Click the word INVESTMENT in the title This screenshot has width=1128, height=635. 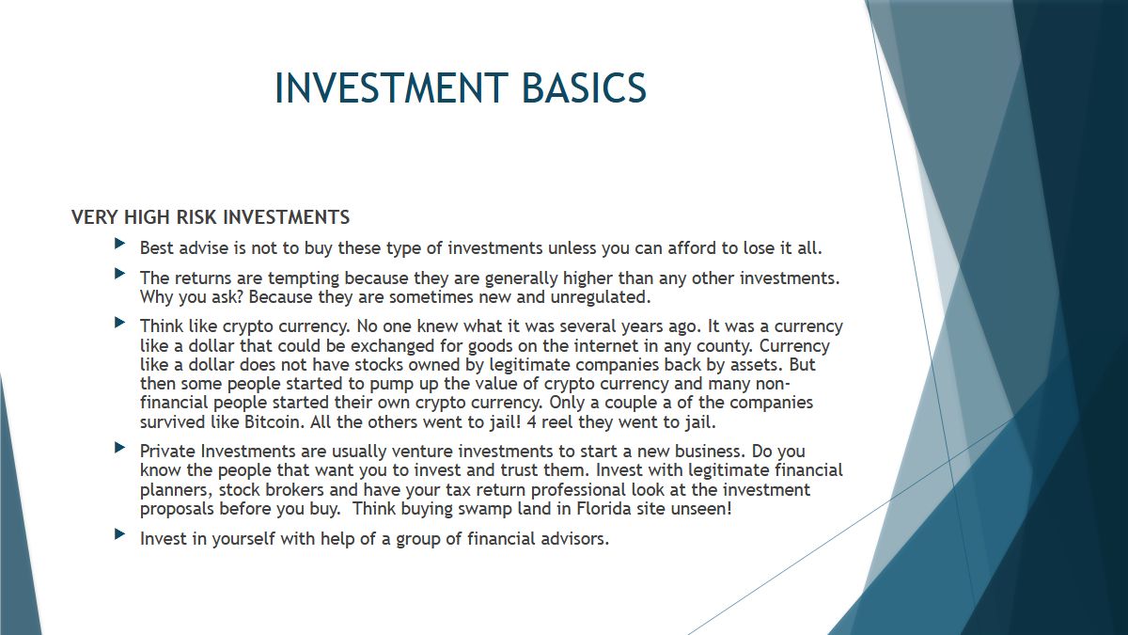(x=391, y=87)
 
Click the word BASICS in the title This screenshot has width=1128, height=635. (x=584, y=87)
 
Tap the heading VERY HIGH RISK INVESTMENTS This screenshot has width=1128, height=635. (x=211, y=217)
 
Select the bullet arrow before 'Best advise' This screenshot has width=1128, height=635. (x=120, y=244)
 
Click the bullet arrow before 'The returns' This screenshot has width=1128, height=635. (x=120, y=274)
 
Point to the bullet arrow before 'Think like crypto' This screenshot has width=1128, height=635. (x=120, y=322)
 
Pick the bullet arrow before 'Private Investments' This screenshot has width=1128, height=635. (x=120, y=447)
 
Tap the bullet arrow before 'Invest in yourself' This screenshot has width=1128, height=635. (x=120, y=534)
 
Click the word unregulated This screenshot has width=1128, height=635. (x=601, y=297)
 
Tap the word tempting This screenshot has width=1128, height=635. (x=304, y=278)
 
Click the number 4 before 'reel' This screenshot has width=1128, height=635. (x=531, y=421)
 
